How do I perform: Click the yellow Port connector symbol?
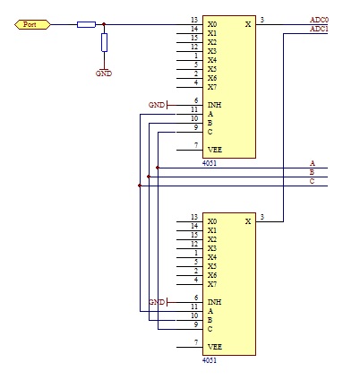point(32,24)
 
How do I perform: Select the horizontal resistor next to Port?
point(86,24)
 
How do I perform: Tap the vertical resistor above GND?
point(104,42)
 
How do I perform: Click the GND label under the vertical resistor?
point(104,73)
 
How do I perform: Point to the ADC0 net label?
point(319,20)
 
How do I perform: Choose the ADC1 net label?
point(319,29)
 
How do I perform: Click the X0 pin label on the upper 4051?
point(212,24)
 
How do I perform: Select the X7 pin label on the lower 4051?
point(212,284)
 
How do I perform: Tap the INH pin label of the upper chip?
point(214,105)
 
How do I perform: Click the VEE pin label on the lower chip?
point(215,347)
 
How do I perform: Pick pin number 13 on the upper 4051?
point(194,20)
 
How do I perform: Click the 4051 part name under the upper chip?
point(210,163)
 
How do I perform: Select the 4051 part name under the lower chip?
point(210,360)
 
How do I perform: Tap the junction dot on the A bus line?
point(158,168)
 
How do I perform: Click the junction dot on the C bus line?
point(140,186)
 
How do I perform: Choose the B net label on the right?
point(312,172)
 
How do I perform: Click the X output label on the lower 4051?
point(248,221)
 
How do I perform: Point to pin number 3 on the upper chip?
point(262,20)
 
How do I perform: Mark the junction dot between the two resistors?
point(104,24)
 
